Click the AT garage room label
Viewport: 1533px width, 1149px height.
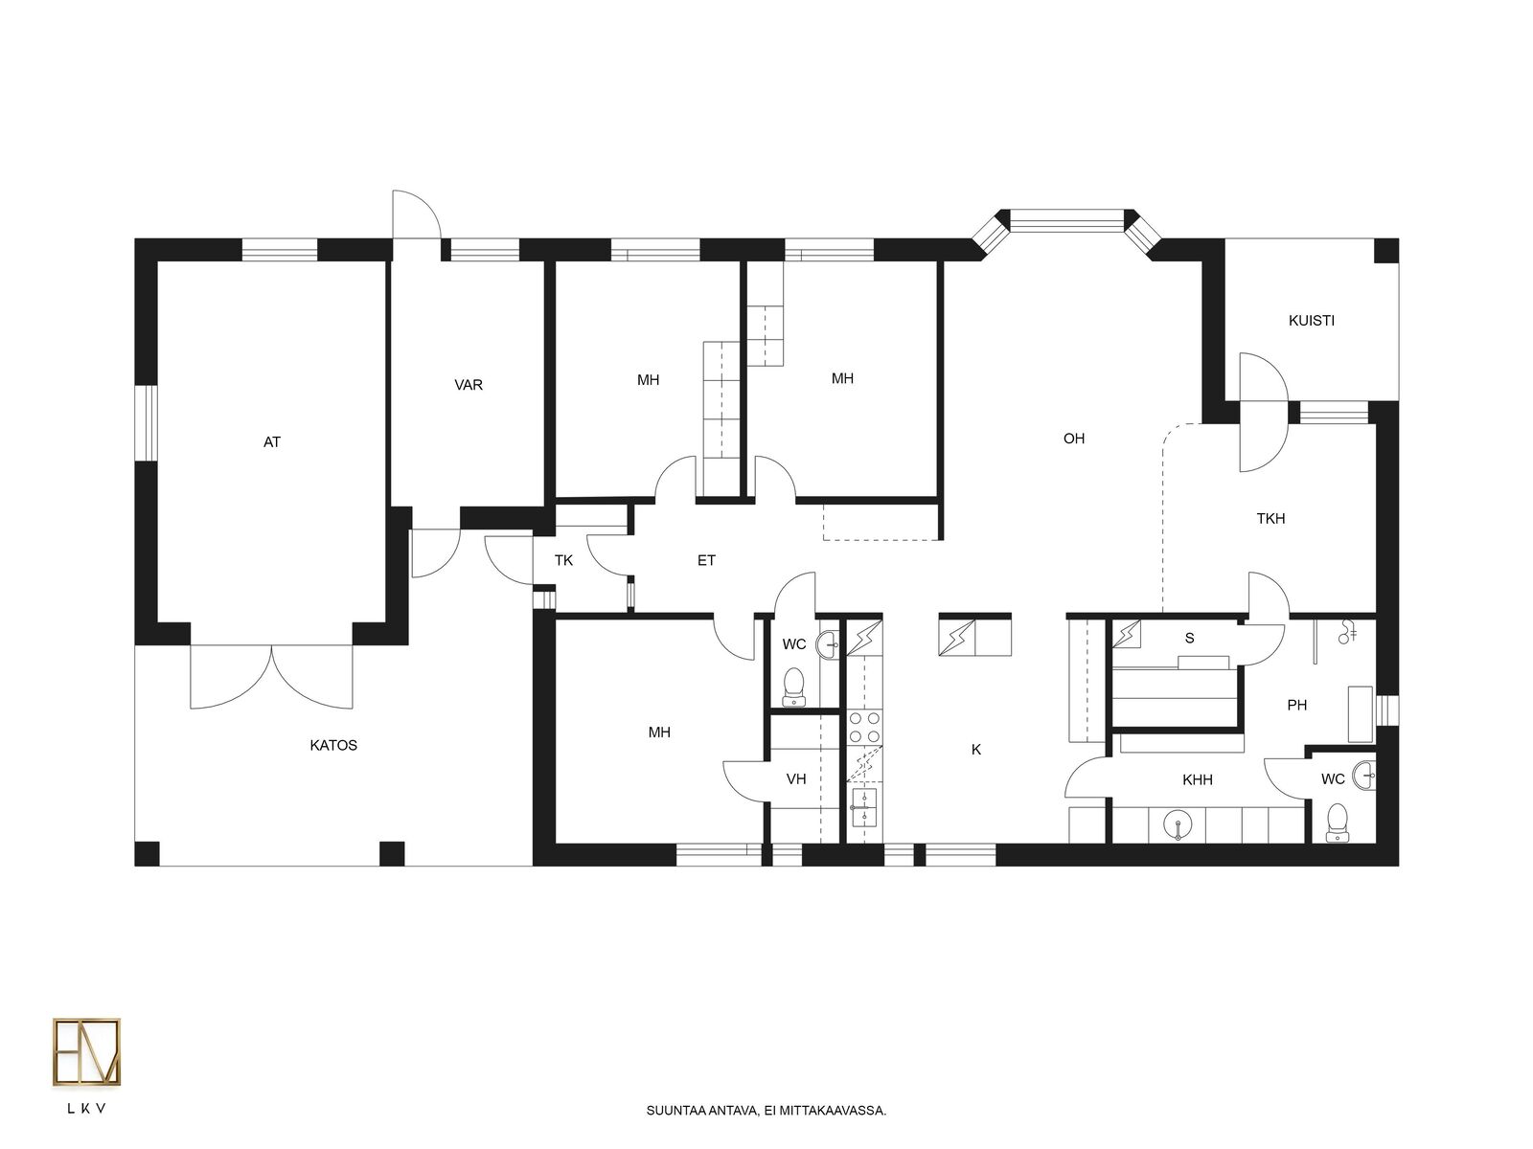click(x=272, y=442)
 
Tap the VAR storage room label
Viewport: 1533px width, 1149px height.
click(x=468, y=385)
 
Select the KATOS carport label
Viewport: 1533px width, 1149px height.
click(x=333, y=745)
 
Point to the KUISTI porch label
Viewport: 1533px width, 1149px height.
click(x=1311, y=321)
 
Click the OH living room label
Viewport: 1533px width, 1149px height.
click(x=1073, y=439)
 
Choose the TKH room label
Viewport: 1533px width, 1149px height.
click(x=1270, y=518)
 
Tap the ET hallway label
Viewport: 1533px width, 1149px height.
click(x=706, y=560)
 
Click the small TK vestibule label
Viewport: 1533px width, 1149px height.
click(x=563, y=560)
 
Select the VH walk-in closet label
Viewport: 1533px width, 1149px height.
click(x=796, y=779)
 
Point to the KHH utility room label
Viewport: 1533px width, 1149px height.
click(x=1197, y=780)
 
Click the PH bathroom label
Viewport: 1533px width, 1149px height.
click(x=1296, y=706)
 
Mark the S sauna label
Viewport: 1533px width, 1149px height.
click(x=1189, y=638)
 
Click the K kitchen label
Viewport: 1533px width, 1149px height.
click(x=975, y=750)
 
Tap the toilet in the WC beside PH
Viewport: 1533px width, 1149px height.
click(x=1337, y=823)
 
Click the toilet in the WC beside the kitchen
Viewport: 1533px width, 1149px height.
click(x=793, y=687)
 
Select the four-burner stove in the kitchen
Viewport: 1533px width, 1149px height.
click(x=864, y=727)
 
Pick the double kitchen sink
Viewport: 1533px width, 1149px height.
click(x=864, y=807)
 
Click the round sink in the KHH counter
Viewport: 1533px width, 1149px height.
click(x=1178, y=826)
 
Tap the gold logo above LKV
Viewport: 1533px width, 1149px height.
click(x=86, y=1052)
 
